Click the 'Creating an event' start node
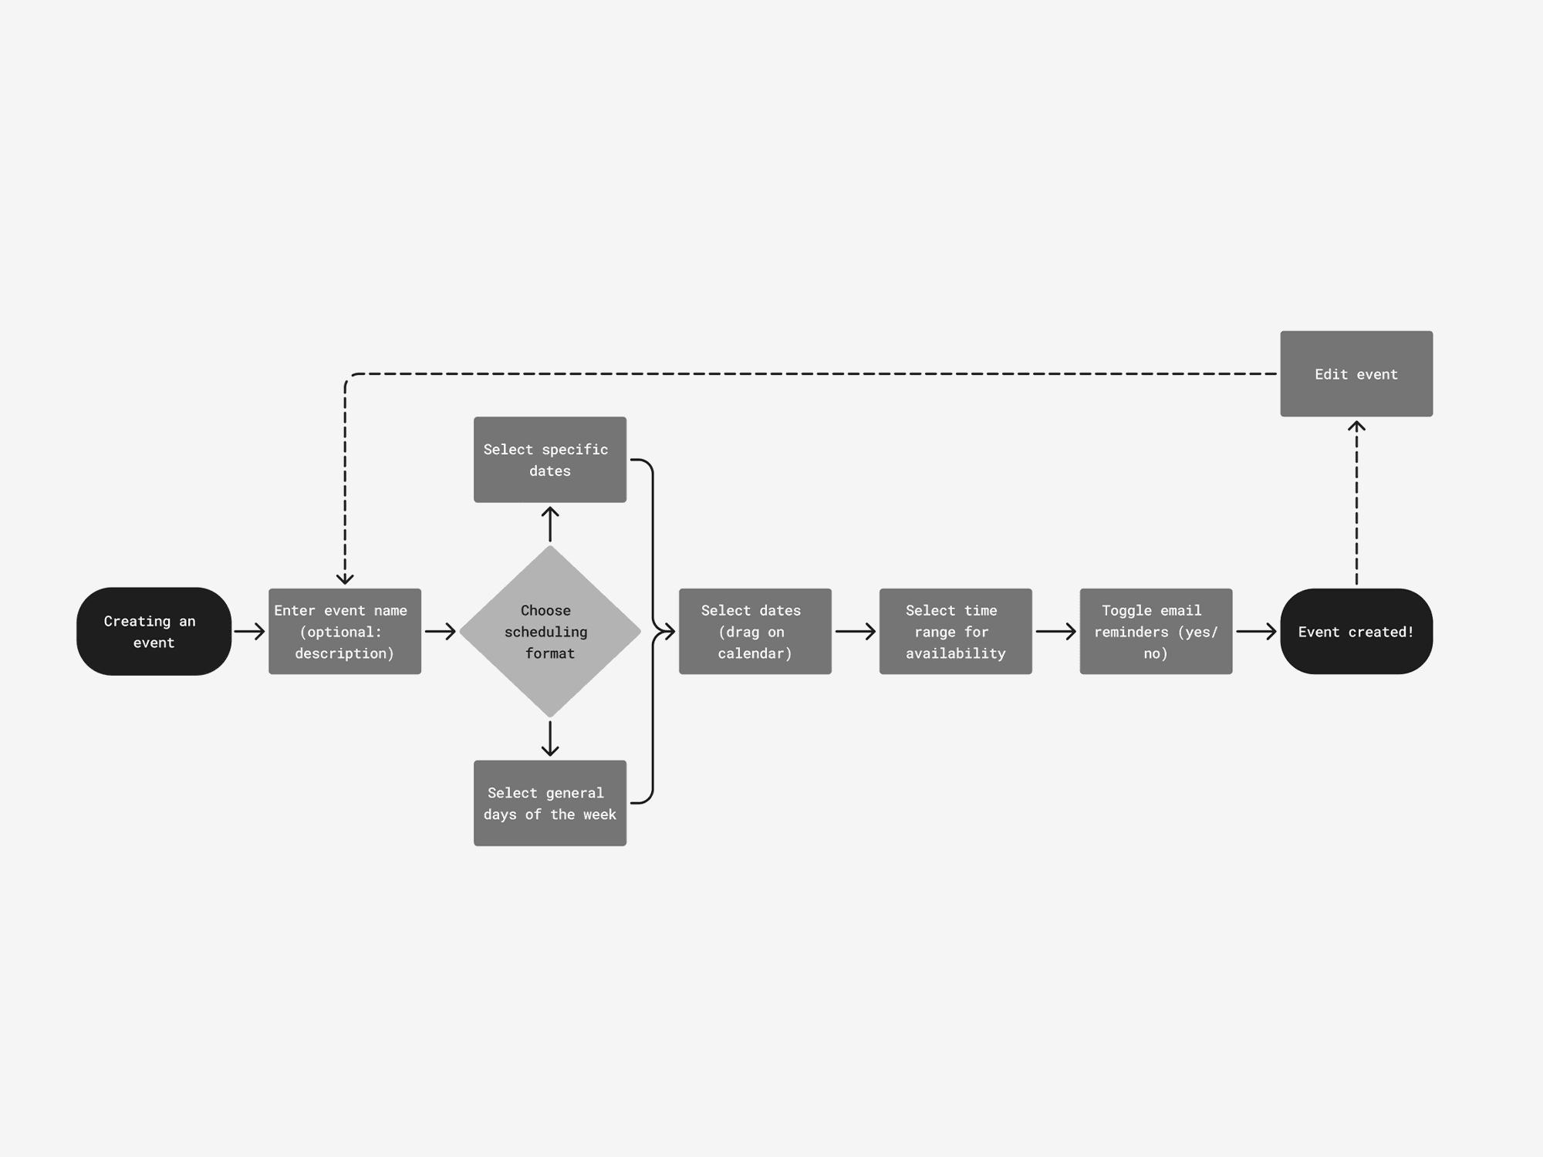coord(154,632)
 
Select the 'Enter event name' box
coord(345,632)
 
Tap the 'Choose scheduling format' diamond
coord(549,632)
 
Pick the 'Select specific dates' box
coord(549,460)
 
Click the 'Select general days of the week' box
coord(549,803)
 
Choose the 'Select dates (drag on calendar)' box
coord(755,632)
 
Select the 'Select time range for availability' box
coord(955,632)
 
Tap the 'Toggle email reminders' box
coord(1156,632)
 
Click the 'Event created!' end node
coord(1356,632)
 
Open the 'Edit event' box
coord(1356,374)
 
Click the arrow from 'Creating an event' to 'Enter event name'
coord(249,632)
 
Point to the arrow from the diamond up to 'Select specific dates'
coord(549,524)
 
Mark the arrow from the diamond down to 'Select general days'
coord(549,739)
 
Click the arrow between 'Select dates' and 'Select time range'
coord(855,632)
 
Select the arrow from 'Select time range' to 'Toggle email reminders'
coord(1055,632)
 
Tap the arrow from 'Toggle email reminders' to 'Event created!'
coord(1256,632)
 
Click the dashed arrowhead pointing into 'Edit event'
coord(1356,427)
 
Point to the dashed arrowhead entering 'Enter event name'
coord(345,578)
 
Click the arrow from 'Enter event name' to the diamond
coord(440,632)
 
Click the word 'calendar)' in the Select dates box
coord(755,653)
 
